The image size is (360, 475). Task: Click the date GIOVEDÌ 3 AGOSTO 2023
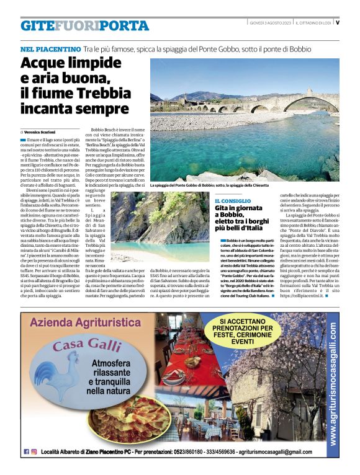coord(267,23)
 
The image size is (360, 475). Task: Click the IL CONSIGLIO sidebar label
coord(233,201)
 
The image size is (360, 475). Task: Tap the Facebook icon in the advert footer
coord(26,451)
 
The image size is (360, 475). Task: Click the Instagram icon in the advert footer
coord(35,451)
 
